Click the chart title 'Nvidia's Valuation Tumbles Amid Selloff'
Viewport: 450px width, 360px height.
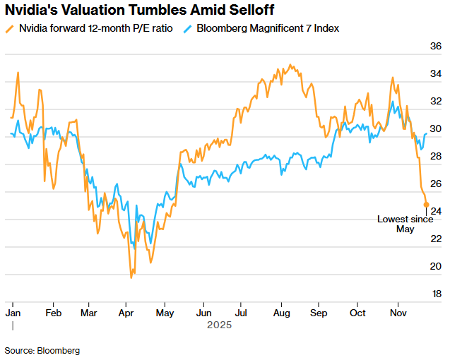click(140, 11)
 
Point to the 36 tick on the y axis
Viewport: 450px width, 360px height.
click(436, 47)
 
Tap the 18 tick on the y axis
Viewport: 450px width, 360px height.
click(436, 294)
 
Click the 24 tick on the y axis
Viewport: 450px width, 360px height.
click(436, 211)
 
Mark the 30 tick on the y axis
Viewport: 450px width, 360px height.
click(436, 129)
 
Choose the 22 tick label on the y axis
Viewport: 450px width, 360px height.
click(436, 239)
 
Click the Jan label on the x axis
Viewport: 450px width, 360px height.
click(13, 311)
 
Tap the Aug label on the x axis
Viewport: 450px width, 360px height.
click(280, 311)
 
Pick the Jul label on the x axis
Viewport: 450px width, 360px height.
click(242, 311)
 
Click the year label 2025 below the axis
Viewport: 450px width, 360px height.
click(219, 325)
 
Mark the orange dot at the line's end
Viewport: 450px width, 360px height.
click(426, 205)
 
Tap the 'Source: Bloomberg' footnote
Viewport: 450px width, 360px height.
click(42, 350)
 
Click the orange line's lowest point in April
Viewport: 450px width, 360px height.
click(131, 277)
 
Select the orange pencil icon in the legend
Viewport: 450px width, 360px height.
click(9, 29)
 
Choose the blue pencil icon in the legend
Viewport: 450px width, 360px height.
click(187, 29)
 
